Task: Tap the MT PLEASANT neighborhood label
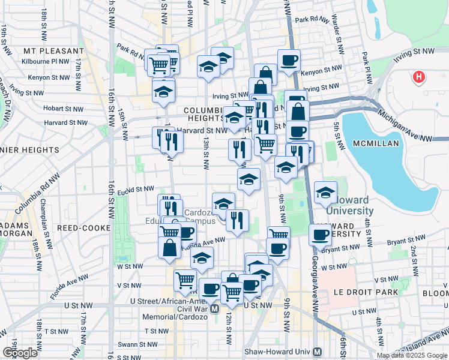coord(53,51)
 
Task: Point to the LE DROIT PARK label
coord(358,292)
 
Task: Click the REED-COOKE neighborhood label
coord(83,228)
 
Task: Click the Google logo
coord(20,352)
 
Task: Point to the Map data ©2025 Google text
coord(411,355)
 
